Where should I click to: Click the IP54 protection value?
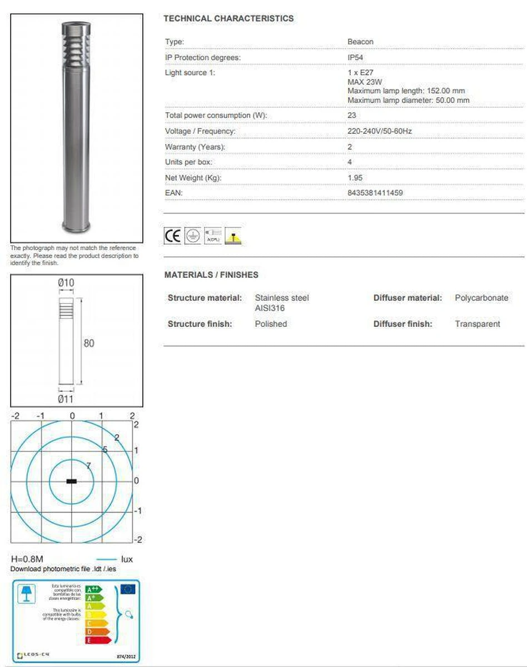coord(355,58)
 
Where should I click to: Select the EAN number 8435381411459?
coord(375,193)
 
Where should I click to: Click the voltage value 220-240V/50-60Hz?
coord(379,131)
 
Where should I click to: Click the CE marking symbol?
coord(172,236)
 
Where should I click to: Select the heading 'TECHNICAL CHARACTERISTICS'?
coord(228,18)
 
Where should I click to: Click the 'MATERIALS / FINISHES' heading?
coord(211,275)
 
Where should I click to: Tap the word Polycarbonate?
coord(481,298)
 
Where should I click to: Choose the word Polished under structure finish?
coord(271,323)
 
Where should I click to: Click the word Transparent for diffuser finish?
coord(478,323)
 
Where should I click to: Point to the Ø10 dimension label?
coord(66,283)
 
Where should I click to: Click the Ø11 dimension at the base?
coord(66,398)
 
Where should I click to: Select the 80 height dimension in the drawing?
coord(89,343)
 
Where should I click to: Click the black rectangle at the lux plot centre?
coord(72,481)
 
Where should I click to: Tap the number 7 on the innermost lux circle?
coord(88,466)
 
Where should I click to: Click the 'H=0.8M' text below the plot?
coord(27,559)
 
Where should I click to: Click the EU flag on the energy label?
coord(128,589)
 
